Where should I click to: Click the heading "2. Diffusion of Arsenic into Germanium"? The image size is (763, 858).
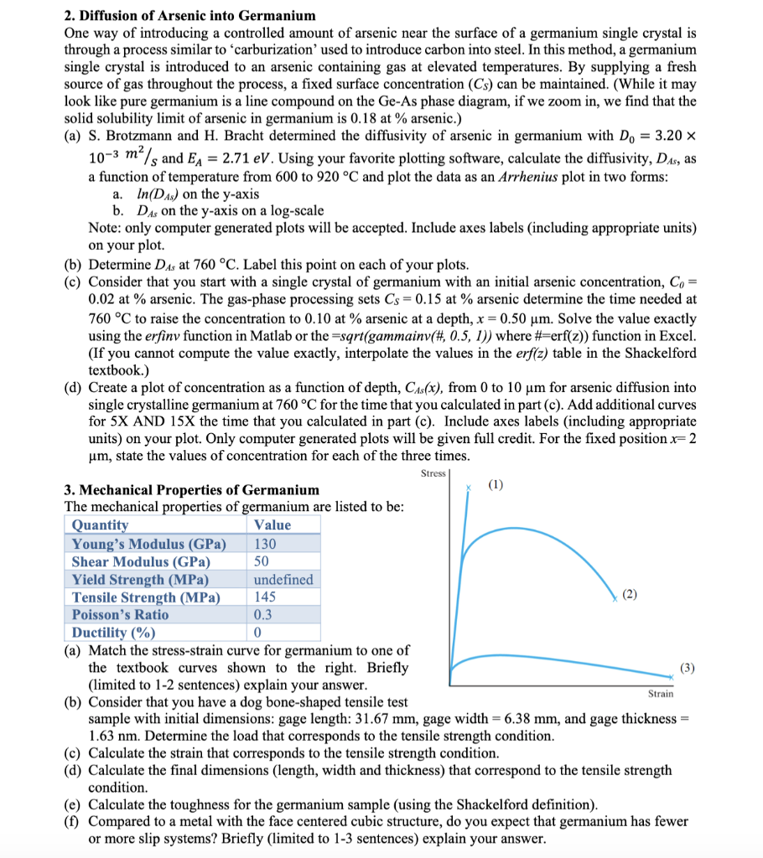pos(190,15)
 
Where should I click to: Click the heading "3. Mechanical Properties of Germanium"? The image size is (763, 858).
pos(192,489)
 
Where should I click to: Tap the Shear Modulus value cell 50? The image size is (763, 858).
pos(262,561)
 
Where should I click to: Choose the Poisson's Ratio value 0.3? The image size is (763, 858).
pos(264,615)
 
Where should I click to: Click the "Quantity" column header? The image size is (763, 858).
pos(101,525)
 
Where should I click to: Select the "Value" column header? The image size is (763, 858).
pos(272,525)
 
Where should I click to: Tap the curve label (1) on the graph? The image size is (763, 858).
pos(496,485)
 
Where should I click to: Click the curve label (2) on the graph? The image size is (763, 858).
pos(631,594)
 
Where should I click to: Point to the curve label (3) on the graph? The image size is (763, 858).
pos(688,669)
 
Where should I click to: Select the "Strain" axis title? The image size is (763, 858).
pos(660,693)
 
